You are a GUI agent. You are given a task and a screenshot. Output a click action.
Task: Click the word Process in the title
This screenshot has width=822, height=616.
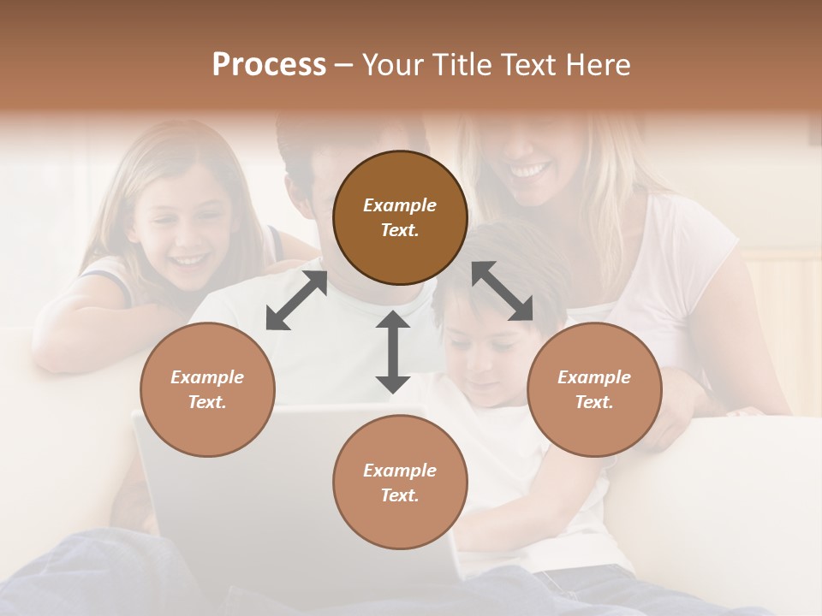269,65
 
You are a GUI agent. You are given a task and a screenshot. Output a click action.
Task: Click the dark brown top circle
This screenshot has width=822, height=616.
400,217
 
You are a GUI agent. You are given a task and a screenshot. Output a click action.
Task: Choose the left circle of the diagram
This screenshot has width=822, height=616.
207,389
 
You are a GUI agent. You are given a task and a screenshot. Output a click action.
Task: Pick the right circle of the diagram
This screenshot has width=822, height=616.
594,389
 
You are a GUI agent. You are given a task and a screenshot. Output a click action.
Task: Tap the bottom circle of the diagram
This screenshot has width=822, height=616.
400,483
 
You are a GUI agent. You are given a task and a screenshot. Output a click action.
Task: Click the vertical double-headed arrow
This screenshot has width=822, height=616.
393,352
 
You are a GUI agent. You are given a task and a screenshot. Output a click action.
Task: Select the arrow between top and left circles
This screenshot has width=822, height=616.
296,300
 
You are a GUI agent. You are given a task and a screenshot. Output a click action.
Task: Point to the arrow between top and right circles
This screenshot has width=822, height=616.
502,291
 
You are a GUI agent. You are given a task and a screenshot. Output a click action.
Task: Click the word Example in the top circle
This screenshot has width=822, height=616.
400,205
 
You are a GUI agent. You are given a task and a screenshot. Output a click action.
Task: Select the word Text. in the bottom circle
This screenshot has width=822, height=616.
400,495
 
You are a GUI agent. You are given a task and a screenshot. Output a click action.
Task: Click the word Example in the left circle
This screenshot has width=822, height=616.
207,377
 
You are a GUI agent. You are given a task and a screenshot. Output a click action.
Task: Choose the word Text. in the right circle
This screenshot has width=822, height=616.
594,402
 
